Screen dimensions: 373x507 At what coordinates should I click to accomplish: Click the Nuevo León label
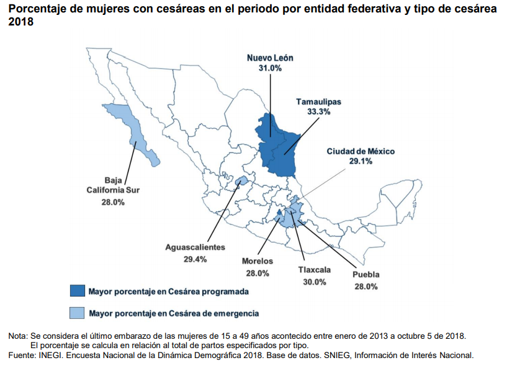coord(270,58)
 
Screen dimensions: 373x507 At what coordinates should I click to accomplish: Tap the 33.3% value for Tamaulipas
coord(318,112)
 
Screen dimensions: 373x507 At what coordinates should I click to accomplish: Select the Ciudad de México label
coord(361,151)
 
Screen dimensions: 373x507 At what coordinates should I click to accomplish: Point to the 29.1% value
coord(361,161)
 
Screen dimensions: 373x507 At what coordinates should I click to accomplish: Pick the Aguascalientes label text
coord(195,247)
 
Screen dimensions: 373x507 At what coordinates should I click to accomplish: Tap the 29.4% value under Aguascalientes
coord(195,259)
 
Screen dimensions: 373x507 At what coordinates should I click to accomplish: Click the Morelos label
coord(257,261)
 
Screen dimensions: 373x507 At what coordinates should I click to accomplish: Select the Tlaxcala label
coord(314,270)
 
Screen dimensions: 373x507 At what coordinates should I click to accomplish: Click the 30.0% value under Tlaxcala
coord(314,282)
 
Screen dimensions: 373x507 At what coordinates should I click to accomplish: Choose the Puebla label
coord(366,275)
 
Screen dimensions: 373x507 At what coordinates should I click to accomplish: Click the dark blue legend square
coord(77,291)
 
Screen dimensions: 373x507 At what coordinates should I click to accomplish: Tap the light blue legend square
coord(77,313)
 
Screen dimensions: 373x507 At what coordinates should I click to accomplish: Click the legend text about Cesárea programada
coord(168,291)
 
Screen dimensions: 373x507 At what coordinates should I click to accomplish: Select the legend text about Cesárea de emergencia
coord(173,313)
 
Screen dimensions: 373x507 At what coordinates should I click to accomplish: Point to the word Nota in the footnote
coord(17,336)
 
